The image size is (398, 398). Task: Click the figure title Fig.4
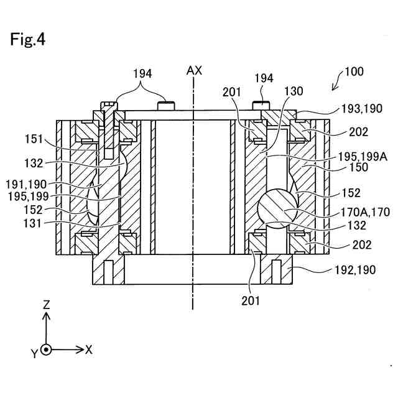click(27, 40)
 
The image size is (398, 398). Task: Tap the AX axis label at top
click(194, 71)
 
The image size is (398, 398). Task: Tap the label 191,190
click(44, 185)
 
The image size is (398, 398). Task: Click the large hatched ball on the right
click(275, 210)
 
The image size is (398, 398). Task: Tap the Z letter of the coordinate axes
click(46, 305)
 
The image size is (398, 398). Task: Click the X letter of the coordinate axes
click(89, 349)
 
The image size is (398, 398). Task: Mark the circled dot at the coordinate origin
click(46, 349)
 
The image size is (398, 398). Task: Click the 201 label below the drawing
click(251, 301)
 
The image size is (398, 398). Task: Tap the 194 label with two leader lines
click(142, 75)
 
